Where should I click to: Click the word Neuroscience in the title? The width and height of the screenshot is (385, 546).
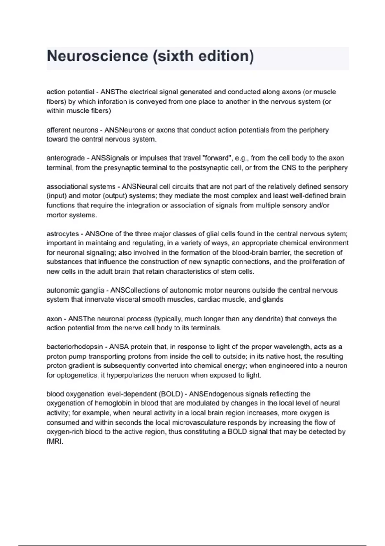click(x=97, y=56)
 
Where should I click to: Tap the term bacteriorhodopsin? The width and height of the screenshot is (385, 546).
click(x=75, y=347)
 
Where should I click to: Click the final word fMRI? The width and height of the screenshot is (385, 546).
click(x=55, y=441)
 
